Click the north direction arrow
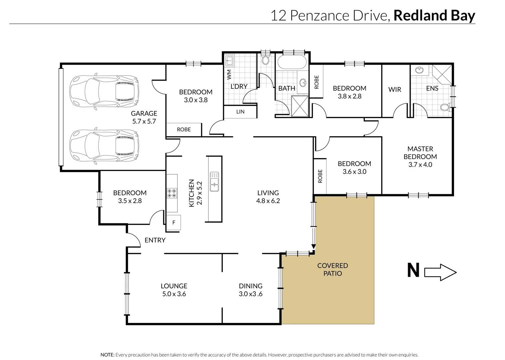pos(440,272)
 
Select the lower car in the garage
pos(104,146)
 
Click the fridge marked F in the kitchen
pos(174,223)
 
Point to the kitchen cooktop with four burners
pos(172,193)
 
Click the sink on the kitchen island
pos(214,182)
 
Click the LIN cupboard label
pos(240,112)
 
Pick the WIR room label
pos(394,89)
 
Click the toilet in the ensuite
pos(445,107)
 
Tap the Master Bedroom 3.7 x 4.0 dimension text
pos(420,164)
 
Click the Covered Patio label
pos(332,269)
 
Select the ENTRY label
pos(155,240)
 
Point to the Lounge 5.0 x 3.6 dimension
pos(174,294)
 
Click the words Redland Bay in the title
pos(434,15)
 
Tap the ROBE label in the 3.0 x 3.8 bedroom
pos(184,130)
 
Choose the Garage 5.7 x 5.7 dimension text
pos(144,121)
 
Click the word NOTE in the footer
pos(107,355)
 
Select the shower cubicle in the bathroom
pos(300,106)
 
